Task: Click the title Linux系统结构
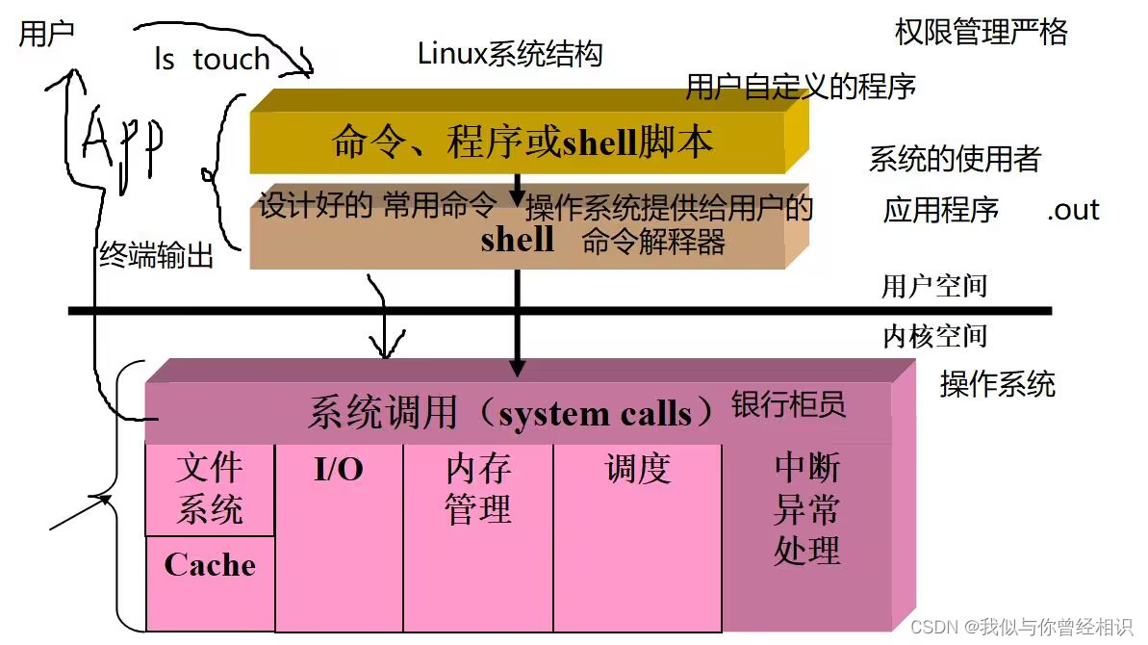click(510, 54)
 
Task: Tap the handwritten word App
click(123, 142)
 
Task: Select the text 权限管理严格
click(981, 33)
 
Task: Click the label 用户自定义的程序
click(801, 88)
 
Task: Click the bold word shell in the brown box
click(517, 240)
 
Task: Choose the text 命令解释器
click(653, 242)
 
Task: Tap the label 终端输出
click(157, 255)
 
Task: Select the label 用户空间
click(934, 286)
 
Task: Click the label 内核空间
click(934, 336)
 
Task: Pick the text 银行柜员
click(789, 404)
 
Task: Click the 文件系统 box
click(210, 489)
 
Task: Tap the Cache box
click(210, 565)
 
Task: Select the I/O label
click(339, 470)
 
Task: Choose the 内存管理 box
click(478, 489)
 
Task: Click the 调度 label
click(637, 470)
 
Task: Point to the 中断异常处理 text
click(806, 509)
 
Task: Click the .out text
click(1073, 211)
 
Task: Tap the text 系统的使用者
click(955, 159)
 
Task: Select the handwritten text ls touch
click(212, 60)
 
